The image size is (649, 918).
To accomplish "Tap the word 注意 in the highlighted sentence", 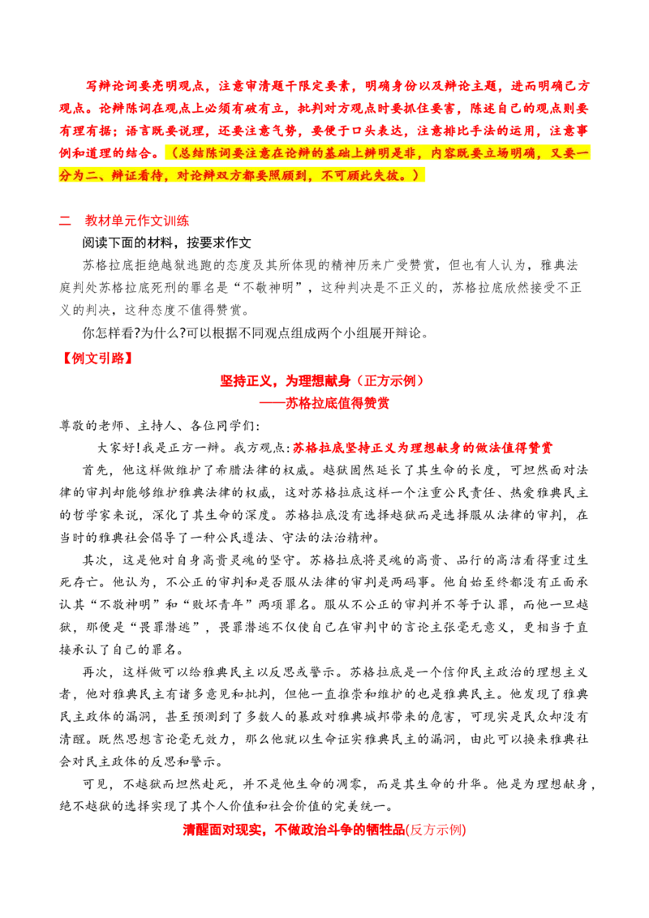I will click(x=257, y=152).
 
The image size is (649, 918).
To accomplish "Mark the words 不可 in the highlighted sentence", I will click(x=333, y=175).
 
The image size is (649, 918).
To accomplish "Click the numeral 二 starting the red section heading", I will click(x=65, y=220).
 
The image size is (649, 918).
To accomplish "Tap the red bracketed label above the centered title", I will click(x=97, y=358).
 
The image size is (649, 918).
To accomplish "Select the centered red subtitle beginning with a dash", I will click(x=322, y=403).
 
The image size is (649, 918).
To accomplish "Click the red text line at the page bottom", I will click(x=324, y=830).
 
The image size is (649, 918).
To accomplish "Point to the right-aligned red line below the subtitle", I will click(x=422, y=447).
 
